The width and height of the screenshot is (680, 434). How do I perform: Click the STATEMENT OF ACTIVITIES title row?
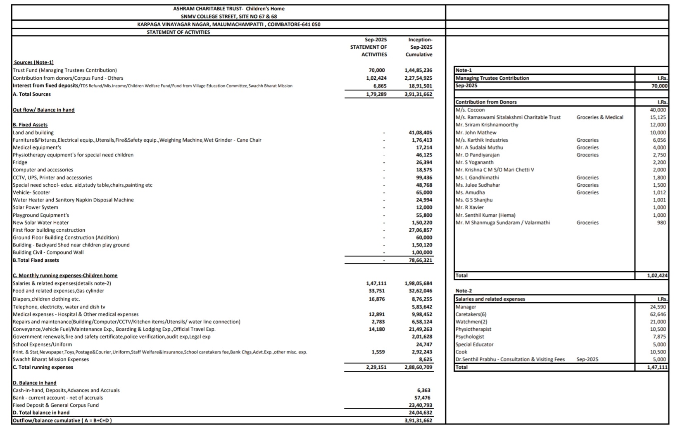tap(178, 32)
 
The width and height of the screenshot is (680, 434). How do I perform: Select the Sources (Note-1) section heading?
tap(33, 62)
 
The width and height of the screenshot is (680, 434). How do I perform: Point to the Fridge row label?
tap(20, 162)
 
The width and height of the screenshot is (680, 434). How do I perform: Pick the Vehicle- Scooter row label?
tap(31, 192)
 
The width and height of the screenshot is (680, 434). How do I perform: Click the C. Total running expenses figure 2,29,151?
tap(376, 367)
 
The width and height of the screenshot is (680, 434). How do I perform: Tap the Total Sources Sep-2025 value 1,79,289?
tap(376, 94)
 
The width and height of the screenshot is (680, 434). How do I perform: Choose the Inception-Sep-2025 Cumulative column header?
tap(420, 47)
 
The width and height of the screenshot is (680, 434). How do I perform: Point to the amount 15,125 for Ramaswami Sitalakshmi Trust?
tap(659, 117)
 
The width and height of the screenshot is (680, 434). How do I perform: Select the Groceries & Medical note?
tap(599, 117)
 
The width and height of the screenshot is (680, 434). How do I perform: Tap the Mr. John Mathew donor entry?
tap(476, 133)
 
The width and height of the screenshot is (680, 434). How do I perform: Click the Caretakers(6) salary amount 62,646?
tap(658, 314)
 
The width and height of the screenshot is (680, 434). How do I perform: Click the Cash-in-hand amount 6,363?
tap(424, 390)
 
